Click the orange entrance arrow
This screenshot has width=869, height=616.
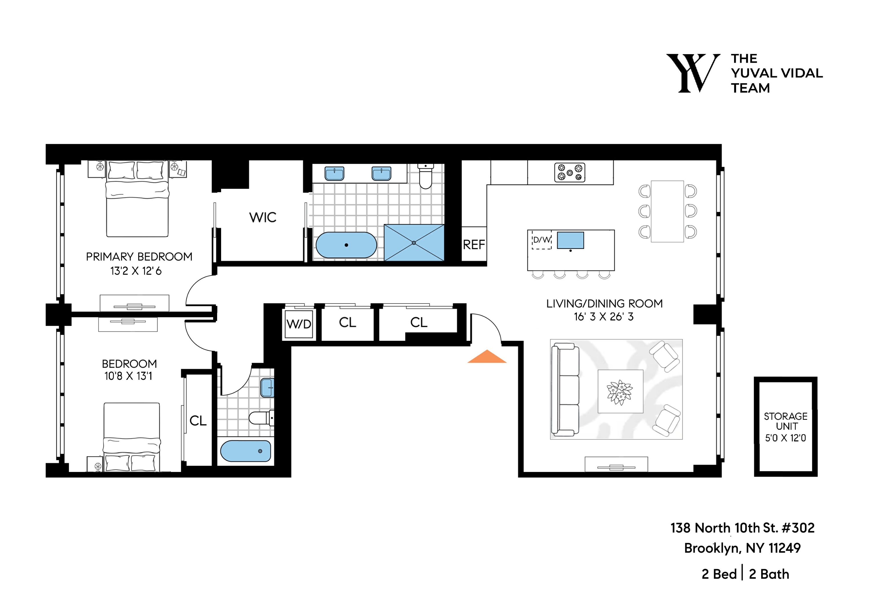(487, 357)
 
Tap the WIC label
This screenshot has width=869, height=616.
(262, 217)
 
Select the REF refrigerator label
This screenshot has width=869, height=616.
(474, 245)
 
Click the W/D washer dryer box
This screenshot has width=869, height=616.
(299, 324)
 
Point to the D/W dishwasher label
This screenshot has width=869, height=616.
(542, 240)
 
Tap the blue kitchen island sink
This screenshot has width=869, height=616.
(570, 240)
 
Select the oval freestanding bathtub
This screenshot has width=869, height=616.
(346, 245)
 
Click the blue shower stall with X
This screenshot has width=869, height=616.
(414, 243)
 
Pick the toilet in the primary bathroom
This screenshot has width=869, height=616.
(426, 177)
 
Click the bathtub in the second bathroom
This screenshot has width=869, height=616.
(246, 451)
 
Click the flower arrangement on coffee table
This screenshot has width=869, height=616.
(620, 392)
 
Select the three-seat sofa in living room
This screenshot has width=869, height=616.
(565, 389)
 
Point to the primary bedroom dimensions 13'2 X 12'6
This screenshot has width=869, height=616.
(136, 271)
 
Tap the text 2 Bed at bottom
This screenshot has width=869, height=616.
(719, 574)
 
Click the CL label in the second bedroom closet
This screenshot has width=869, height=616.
(198, 421)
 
